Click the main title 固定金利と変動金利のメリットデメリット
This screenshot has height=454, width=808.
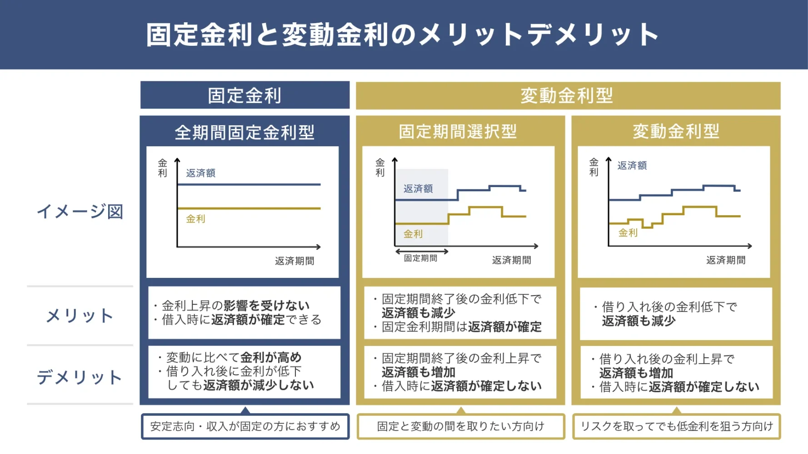[x=403, y=35]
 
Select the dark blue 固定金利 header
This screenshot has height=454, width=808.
[x=244, y=95]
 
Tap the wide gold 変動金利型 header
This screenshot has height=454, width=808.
[x=567, y=95]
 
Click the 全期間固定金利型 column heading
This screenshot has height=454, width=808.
[x=244, y=133]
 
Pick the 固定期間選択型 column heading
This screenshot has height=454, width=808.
[x=458, y=132]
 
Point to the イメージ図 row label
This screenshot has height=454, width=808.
[x=80, y=212]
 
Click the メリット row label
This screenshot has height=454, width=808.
[x=80, y=316]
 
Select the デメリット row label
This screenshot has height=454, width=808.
[x=80, y=377]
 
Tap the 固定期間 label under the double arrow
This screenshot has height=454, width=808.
[x=421, y=258]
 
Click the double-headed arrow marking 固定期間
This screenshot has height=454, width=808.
[x=422, y=251]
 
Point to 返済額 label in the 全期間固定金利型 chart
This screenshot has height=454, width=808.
[x=200, y=173]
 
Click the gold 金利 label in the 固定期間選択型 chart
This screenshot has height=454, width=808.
[x=413, y=234]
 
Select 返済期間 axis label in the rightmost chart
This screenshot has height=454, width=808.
[x=726, y=260]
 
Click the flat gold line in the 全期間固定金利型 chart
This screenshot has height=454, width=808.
[x=249, y=208]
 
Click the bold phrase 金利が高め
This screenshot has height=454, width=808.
[x=271, y=357]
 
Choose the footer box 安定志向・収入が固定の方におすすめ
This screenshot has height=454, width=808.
[x=245, y=426]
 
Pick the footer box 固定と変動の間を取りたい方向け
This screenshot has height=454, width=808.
[x=460, y=426]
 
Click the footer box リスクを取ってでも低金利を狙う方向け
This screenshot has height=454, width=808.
[x=676, y=426]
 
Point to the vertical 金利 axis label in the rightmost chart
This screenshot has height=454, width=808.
[x=594, y=167]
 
